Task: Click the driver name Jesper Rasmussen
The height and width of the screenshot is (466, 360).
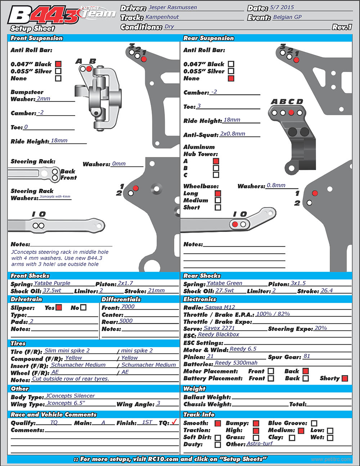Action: (173, 7)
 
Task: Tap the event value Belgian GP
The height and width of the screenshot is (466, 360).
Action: (287, 17)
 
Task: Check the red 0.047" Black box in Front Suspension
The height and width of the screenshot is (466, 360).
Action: (58, 64)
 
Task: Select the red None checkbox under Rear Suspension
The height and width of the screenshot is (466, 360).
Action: (231, 79)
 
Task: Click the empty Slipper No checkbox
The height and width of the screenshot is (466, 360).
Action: (84, 308)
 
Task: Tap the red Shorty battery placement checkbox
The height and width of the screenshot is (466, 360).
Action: (345, 378)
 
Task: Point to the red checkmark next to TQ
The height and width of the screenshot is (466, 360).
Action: (174, 422)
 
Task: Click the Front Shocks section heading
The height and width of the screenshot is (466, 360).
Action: (30, 276)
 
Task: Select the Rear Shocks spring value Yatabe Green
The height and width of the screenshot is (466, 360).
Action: (224, 283)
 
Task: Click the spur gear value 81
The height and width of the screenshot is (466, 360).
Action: (307, 356)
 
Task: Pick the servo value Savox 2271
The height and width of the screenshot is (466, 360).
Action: (219, 328)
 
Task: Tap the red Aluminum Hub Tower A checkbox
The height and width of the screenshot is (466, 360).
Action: (216, 161)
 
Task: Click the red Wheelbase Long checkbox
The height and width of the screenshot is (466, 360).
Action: (218, 193)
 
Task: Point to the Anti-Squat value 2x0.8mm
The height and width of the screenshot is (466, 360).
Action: (233, 134)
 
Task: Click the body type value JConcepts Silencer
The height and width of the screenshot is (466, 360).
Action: (70, 396)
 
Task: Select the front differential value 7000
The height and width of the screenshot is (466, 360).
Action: (128, 306)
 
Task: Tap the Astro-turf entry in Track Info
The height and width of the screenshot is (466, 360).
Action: (260, 444)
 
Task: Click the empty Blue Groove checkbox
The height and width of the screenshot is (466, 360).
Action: (314, 423)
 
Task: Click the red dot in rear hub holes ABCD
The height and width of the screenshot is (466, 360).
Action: (291, 113)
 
